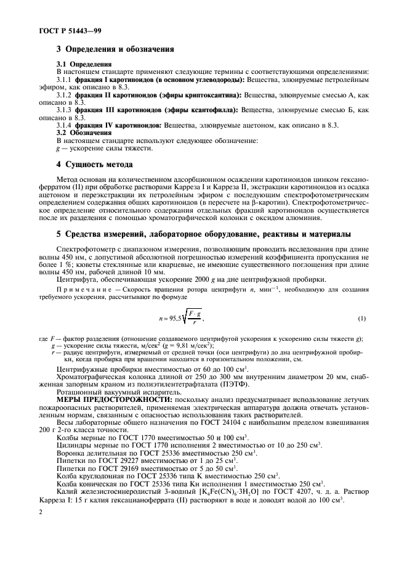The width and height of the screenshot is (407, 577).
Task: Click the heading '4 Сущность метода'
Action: click(x=94, y=166)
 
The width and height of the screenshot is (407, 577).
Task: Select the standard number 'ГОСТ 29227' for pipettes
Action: click(x=103, y=460)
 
